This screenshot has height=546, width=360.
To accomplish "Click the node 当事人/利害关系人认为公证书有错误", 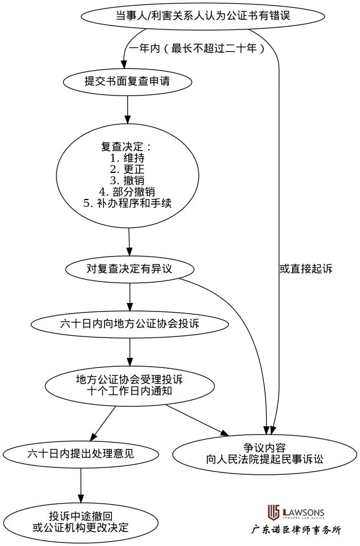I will (202, 16).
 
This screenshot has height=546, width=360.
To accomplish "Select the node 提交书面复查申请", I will (127, 81).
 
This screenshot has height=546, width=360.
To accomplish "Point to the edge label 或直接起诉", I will (306, 269).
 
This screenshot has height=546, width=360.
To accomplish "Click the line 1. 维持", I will (127, 158).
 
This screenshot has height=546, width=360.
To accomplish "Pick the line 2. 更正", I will (127, 169).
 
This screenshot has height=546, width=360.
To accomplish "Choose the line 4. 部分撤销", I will (127, 192).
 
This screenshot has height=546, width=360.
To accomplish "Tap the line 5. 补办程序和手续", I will (127, 203).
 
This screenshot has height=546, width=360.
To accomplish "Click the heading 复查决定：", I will (127, 146).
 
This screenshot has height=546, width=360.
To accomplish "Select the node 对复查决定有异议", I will (129, 268).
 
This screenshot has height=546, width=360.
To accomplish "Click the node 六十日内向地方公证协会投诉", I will (129, 324).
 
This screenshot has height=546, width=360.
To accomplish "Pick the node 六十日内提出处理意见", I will (81, 453).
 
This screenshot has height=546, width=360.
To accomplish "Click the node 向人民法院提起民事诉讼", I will (264, 453).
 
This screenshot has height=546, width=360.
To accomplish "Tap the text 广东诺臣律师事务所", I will (296, 530).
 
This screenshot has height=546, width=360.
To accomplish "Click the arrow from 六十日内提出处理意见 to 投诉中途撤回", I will (81, 483).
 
